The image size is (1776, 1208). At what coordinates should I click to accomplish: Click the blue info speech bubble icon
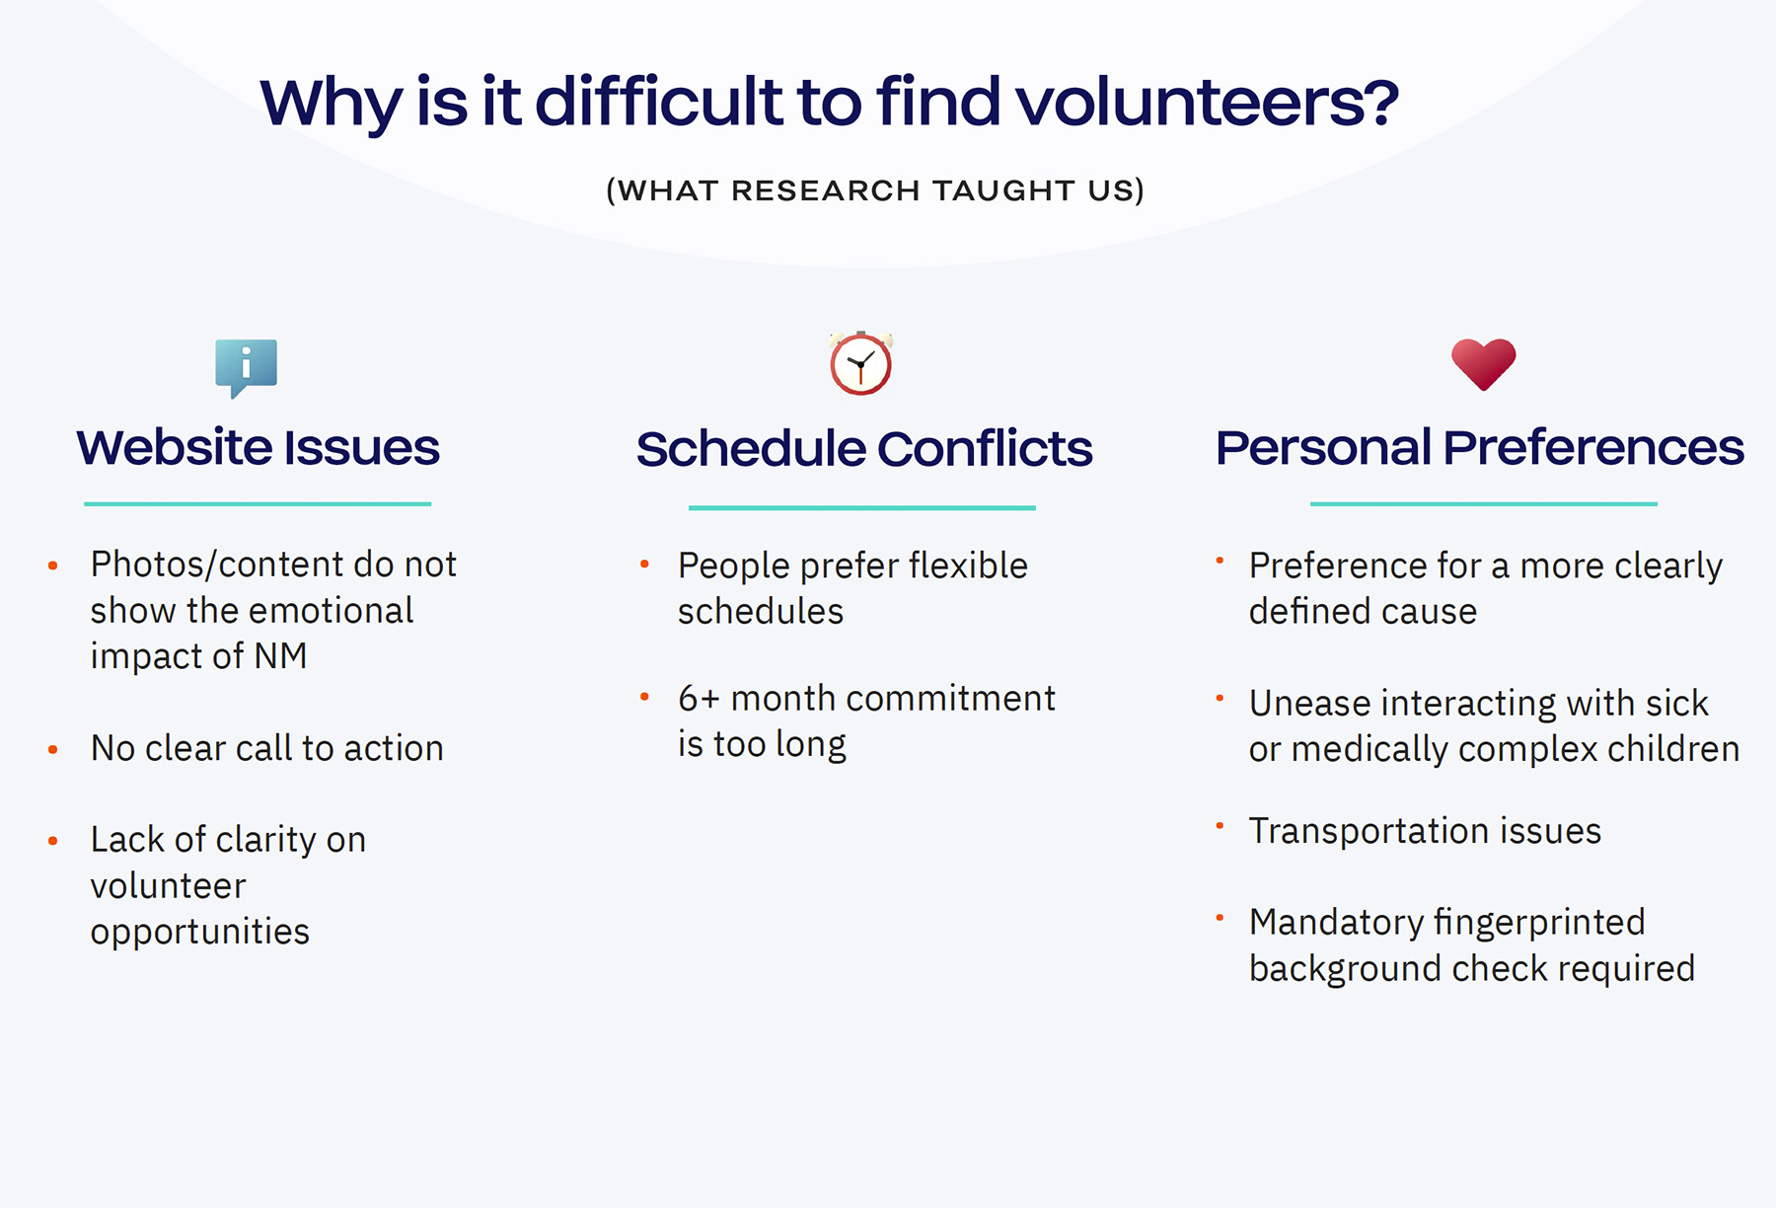click(246, 365)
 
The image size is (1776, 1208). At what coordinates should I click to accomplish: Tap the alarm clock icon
click(860, 364)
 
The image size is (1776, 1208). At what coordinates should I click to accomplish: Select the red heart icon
click(1483, 363)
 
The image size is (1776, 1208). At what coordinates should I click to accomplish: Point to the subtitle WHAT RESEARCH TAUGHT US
click(875, 189)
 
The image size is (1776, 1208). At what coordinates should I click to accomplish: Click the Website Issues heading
click(258, 447)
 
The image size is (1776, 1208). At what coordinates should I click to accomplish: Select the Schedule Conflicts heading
click(863, 449)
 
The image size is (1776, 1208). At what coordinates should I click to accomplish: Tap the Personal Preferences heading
click(1479, 447)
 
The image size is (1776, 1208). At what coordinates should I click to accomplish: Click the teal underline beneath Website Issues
click(258, 503)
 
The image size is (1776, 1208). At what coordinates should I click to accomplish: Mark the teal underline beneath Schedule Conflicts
click(861, 507)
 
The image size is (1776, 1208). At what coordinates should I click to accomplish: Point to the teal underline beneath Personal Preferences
click(1483, 503)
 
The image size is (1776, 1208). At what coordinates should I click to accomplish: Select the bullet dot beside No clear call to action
click(53, 750)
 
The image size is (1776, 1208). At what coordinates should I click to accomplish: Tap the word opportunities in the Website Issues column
click(199, 932)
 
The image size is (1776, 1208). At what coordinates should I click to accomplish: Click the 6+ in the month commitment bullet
click(699, 699)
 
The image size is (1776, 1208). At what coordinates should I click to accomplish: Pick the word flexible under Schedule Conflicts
click(968, 566)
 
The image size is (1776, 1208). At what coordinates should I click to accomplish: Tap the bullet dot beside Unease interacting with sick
click(1220, 699)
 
